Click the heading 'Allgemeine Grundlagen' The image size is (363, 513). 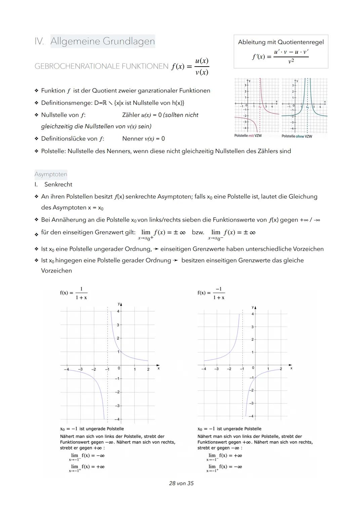point(103,41)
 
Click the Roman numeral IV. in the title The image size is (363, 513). point(39,41)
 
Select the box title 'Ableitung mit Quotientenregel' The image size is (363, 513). point(281,42)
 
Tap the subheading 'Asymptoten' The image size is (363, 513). point(51,174)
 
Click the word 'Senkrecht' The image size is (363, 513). point(58,184)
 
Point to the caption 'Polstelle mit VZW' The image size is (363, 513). point(248,136)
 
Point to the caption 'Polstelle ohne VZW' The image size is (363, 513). point(296,136)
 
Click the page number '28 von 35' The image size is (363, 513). point(181,483)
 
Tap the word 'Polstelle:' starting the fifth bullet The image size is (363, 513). point(53,151)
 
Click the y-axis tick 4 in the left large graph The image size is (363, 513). point(118,311)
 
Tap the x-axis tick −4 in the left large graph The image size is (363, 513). point(66,369)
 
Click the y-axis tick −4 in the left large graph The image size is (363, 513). point(117,419)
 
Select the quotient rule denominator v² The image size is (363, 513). point(291,61)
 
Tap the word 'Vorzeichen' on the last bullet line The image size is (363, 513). point(56,271)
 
